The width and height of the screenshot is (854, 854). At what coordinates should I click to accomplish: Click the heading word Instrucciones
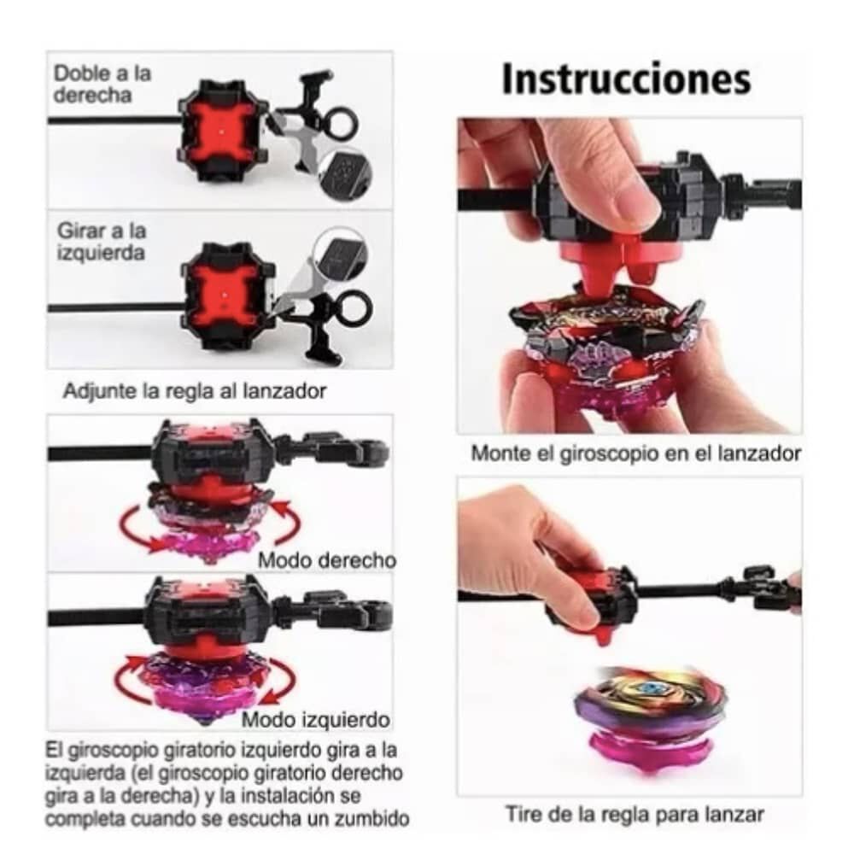(x=626, y=79)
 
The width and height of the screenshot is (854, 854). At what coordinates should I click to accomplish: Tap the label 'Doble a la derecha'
(x=102, y=84)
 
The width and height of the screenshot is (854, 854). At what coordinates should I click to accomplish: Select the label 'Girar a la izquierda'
(x=102, y=242)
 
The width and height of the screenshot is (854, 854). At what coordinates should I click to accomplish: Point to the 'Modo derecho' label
(x=327, y=560)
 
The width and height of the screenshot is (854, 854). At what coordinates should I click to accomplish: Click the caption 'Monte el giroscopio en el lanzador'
(x=635, y=454)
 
